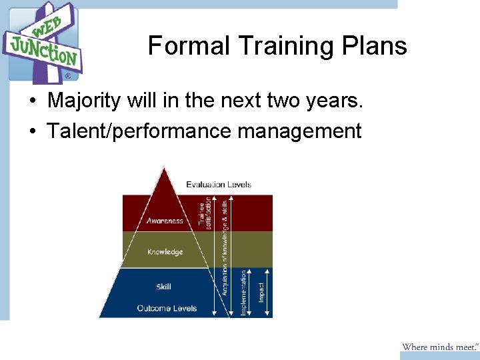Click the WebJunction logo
point(43,42)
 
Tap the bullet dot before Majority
point(32,102)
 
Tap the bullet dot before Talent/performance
point(32,131)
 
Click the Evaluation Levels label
point(219,184)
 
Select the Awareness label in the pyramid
point(165,221)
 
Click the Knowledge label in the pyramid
point(165,252)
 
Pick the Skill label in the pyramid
point(163,287)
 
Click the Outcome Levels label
point(167,308)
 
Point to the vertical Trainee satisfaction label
point(205,212)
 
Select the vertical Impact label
point(262,293)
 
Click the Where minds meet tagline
point(439,347)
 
